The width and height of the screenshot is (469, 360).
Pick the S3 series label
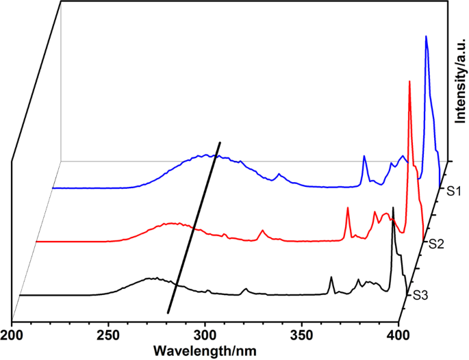tap(420, 296)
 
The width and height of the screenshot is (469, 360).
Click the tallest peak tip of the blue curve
tap(427, 37)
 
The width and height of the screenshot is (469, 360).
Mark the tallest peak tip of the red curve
tap(409, 81)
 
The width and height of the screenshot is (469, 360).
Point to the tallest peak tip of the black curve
tap(393, 207)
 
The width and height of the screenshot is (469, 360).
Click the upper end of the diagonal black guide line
tap(220, 142)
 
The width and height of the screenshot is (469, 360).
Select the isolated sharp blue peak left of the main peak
tap(364, 157)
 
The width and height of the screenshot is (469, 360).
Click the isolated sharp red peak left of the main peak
tap(348, 208)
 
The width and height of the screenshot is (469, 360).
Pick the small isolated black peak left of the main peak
tap(331, 277)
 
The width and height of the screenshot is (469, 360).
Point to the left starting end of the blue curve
tap(54, 188)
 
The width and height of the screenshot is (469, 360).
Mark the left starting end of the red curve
tap(38, 242)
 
